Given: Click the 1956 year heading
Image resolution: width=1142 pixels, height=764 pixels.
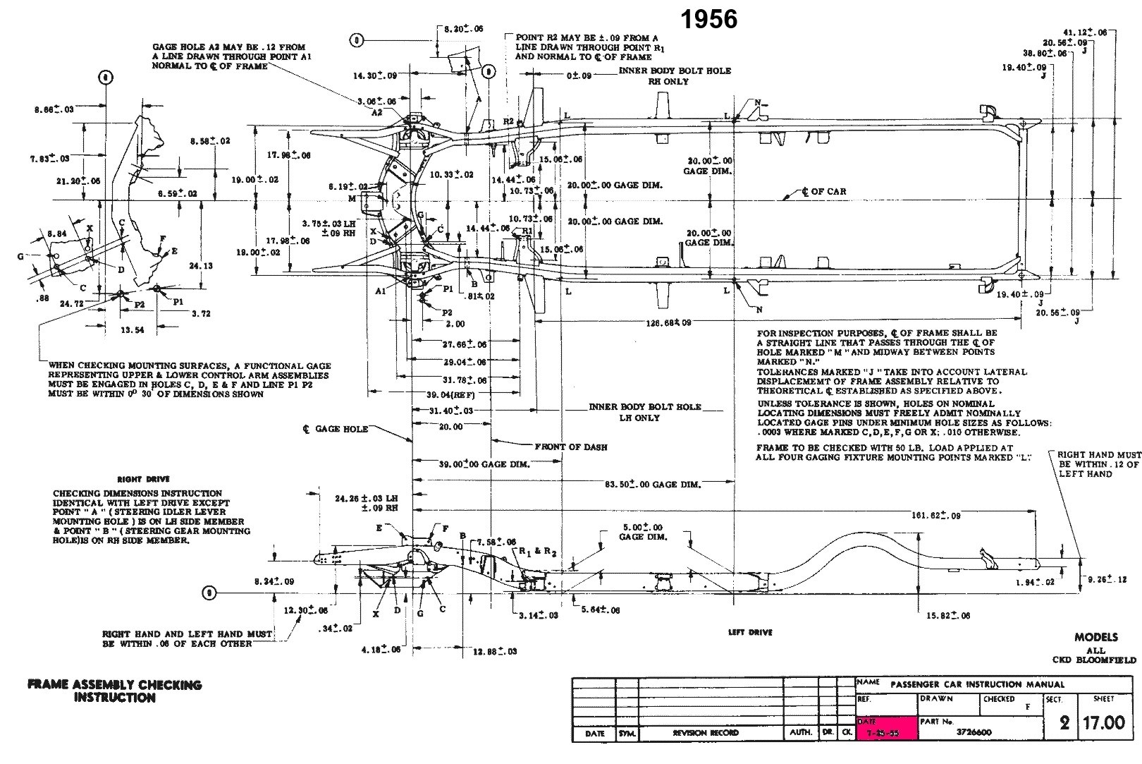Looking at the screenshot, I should coord(709,19).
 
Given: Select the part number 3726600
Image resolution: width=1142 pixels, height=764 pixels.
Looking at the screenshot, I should coord(974,732).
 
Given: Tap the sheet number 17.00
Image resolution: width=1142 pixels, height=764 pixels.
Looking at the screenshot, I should coord(1104,724).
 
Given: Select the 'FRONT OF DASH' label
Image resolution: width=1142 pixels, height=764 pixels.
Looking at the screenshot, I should coord(571,447).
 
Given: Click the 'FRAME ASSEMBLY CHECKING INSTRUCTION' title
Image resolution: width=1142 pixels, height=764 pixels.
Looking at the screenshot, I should coord(114,691).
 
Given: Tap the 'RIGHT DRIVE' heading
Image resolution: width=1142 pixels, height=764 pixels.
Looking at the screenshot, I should coord(144,479).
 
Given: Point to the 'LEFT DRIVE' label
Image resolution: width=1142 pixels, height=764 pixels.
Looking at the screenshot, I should coord(750,632).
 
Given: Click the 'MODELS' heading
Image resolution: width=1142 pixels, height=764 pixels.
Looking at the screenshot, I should coord(1096,637).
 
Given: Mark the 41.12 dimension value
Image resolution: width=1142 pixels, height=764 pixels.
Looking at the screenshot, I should coord(1086,32).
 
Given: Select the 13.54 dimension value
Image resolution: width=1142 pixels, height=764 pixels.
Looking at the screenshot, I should coord(133,330).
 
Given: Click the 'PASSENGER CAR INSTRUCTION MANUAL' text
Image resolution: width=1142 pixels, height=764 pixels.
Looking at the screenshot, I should coord(977,684).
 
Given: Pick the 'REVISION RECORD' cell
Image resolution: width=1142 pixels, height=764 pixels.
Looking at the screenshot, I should coord(706,733).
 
